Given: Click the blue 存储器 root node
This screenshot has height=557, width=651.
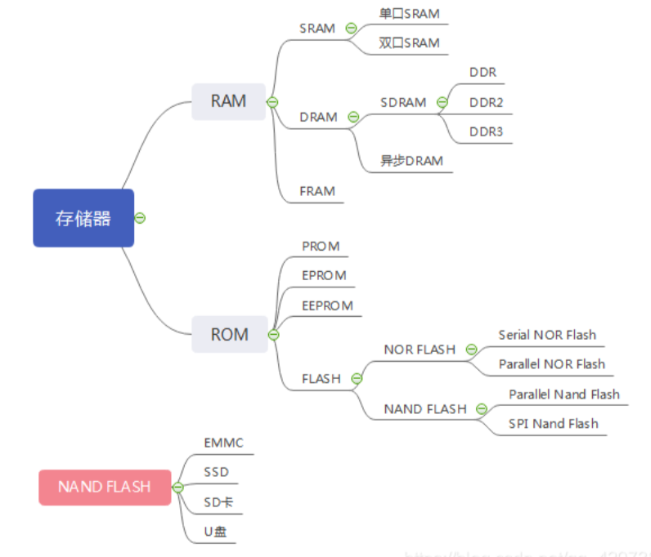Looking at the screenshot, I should pyautogui.click(x=83, y=218).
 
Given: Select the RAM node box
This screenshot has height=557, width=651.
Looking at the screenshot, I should pyautogui.click(x=228, y=101).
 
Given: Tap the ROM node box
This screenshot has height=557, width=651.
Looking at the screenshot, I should pyautogui.click(x=229, y=334).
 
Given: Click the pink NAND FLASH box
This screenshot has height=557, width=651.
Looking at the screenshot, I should pyautogui.click(x=105, y=487).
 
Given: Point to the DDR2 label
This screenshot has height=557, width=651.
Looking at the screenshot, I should pyautogui.click(x=486, y=102).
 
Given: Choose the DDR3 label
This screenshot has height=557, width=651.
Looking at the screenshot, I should pyautogui.click(x=486, y=131).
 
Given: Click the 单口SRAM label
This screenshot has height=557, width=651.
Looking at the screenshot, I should pyautogui.click(x=409, y=13).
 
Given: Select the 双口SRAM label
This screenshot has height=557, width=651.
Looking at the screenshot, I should pyautogui.click(x=409, y=42).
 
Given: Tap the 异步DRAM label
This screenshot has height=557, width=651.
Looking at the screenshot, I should pyautogui.click(x=411, y=161).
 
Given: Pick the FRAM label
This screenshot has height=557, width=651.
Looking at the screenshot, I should pyautogui.click(x=317, y=191).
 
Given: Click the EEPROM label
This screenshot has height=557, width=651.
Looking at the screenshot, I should pyautogui.click(x=327, y=305).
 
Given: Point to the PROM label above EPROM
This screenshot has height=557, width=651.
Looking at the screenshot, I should pyautogui.click(x=321, y=246).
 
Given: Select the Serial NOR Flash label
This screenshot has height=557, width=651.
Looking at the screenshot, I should pyautogui.click(x=547, y=335).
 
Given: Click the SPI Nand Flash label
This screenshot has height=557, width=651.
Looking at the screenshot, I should pyautogui.click(x=553, y=423).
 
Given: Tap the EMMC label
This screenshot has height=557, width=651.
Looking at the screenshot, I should pyautogui.click(x=223, y=443).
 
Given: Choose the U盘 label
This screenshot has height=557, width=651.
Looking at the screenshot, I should pyautogui.click(x=218, y=532).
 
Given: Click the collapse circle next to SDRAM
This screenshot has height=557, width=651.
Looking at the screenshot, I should pyautogui.click(x=442, y=102).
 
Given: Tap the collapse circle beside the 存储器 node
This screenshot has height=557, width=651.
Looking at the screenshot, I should pyautogui.click(x=140, y=218).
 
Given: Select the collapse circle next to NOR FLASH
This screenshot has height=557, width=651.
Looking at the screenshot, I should pyautogui.click(x=471, y=350).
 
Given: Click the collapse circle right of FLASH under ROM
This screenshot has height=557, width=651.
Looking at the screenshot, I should pyautogui.click(x=357, y=378).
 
